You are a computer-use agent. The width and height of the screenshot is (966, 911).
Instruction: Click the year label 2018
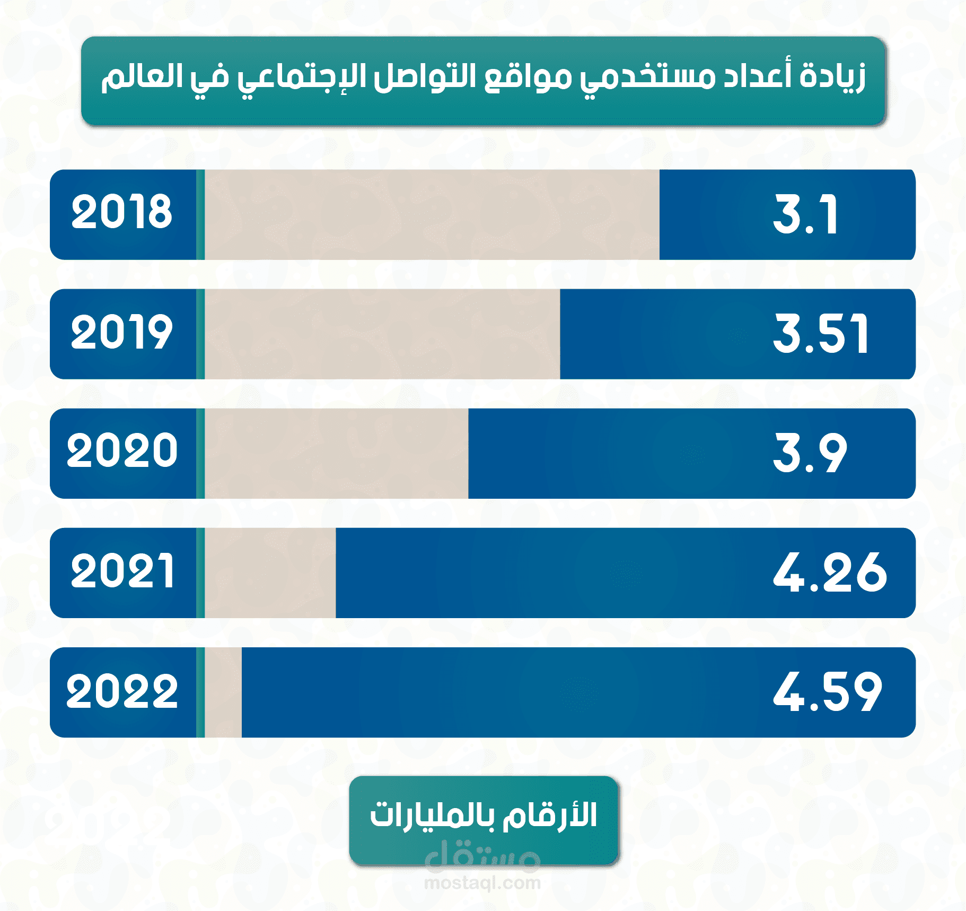(x=122, y=212)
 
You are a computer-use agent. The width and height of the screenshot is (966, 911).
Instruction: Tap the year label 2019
(x=122, y=332)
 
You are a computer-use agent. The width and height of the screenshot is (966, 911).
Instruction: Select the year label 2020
(x=122, y=451)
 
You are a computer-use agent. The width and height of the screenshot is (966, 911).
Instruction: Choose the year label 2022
(x=122, y=691)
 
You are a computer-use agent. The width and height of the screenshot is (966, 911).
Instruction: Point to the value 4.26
(x=829, y=572)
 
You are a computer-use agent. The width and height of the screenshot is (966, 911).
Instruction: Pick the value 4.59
(x=828, y=692)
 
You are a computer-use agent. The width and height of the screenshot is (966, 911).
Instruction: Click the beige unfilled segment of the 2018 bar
(x=432, y=215)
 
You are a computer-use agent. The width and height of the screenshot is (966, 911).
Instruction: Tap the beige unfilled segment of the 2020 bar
(x=337, y=454)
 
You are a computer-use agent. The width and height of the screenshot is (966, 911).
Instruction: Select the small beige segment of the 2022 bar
(x=223, y=692)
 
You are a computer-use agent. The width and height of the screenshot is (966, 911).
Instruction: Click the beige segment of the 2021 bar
(x=270, y=573)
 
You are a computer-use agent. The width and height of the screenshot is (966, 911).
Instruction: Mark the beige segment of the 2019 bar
(x=382, y=334)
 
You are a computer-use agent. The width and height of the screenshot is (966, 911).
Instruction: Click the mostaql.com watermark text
(x=482, y=883)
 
